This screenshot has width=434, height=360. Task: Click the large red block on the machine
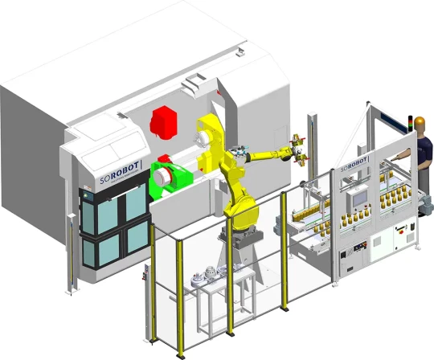pyautogui.click(x=163, y=121)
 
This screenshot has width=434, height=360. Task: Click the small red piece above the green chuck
pyautogui.click(x=163, y=157)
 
